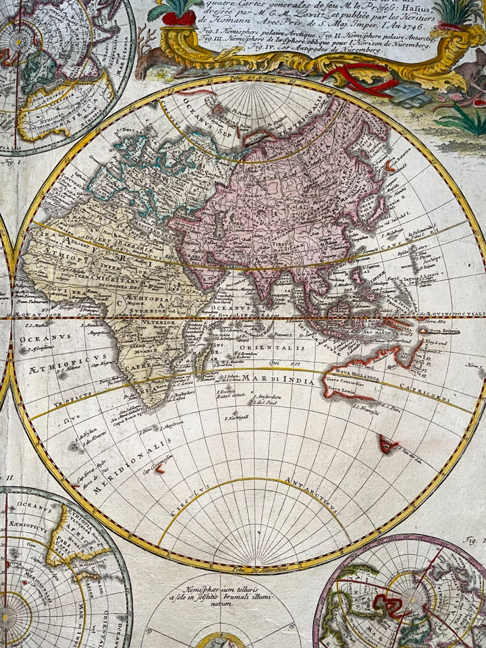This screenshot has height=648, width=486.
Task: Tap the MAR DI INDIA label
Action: pyautogui.click(x=271, y=379)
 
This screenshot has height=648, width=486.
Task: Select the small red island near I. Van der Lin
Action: pyautogui.click(x=388, y=443)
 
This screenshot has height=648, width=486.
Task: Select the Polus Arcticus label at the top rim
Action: pyautogui.click(x=248, y=81)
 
